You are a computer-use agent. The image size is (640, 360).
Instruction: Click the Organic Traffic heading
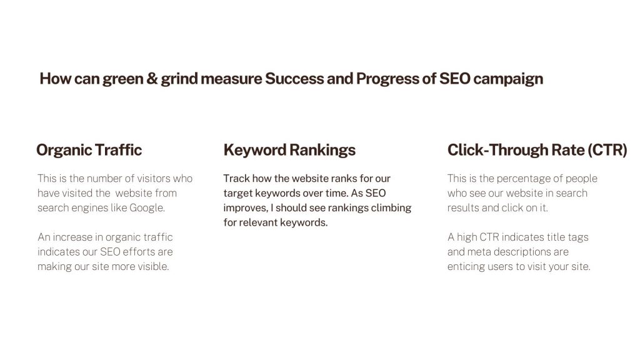89,150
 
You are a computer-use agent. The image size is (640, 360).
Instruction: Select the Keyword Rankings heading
289,150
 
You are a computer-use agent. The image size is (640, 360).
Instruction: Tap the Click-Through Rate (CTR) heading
537,150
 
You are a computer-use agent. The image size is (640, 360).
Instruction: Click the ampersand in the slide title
152,78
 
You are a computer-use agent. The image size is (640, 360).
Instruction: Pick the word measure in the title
231,79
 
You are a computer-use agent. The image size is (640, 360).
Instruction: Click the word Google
147,208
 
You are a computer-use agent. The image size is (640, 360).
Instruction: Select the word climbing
391,208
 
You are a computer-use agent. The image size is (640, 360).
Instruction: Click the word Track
236,178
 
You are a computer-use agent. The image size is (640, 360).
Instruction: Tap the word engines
89,208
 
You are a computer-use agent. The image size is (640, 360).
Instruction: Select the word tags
578,237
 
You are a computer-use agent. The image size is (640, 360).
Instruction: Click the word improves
246,208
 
